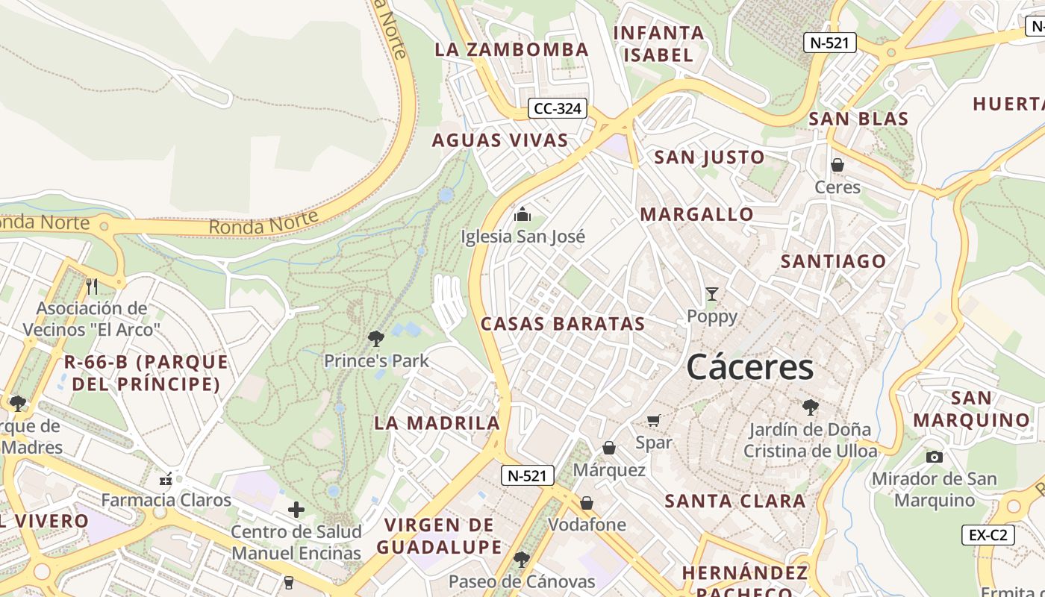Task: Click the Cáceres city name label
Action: [749, 367]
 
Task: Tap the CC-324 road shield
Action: [558, 109]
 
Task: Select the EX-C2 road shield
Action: [988, 535]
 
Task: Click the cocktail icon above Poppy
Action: [712, 294]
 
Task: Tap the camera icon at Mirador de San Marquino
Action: [934, 457]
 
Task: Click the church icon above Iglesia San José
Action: [522, 215]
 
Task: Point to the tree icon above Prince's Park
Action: [376, 339]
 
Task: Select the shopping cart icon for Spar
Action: [654, 421]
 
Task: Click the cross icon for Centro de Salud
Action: [296, 510]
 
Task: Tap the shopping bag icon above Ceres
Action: [837, 165]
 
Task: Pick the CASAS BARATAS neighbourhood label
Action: [563, 324]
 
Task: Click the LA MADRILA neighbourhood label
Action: [437, 423]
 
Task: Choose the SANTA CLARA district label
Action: [735, 501]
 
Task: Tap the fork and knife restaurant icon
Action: [92, 286]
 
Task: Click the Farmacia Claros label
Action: [166, 500]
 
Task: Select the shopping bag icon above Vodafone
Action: [587, 503]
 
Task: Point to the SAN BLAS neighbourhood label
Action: [858, 119]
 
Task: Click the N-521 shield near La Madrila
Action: [528, 475]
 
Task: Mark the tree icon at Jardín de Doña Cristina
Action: [810, 407]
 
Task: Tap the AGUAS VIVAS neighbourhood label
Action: [500, 140]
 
